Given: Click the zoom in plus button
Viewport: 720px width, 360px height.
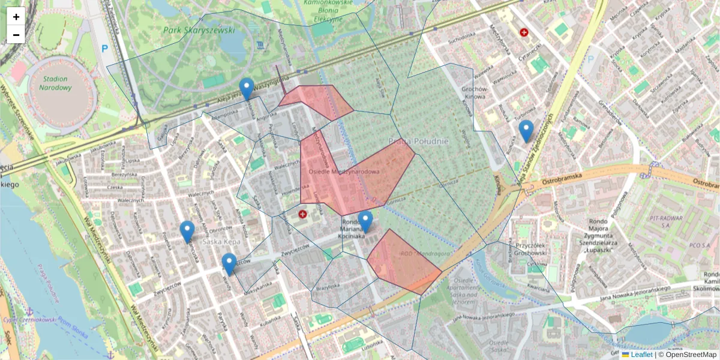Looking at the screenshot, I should (x=16, y=16).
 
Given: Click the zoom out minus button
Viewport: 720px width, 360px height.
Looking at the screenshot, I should (x=16, y=35).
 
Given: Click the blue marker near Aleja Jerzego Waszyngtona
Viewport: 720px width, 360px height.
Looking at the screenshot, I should (x=246, y=89).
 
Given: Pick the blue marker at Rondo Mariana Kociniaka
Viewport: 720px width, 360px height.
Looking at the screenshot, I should (x=365, y=222).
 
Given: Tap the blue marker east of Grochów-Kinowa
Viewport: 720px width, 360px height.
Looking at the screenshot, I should (x=526, y=131).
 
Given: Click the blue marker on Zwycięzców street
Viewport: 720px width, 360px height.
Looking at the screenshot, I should (x=229, y=265).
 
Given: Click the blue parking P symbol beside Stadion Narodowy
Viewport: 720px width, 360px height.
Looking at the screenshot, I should (x=105, y=49).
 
